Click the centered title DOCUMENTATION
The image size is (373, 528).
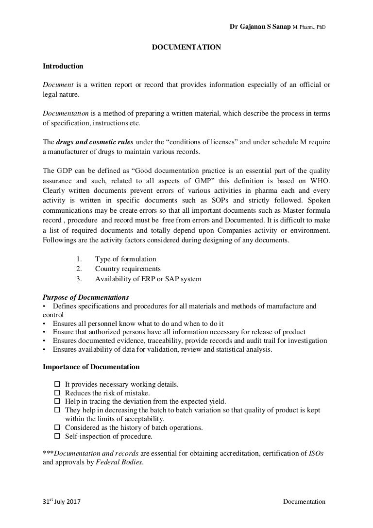point(187,47)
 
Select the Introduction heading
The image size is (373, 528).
point(63,66)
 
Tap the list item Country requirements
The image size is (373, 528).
point(128,269)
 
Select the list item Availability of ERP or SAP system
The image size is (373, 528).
point(148,278)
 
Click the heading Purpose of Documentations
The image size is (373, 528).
point(86,297)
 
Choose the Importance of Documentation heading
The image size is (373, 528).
point(91,367)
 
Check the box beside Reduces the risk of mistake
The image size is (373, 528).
point(57,393)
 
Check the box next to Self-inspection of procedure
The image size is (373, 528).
point(57,437)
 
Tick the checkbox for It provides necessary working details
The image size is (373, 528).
point(57,384)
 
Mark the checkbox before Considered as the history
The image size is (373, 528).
point(57,428)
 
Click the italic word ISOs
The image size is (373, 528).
point(316,453)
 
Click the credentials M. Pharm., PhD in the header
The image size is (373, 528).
point(309,27)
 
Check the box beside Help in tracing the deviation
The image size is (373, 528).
point(57,402)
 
